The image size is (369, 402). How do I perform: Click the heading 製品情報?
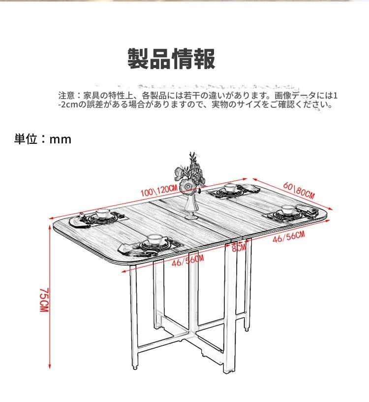click(171, 59)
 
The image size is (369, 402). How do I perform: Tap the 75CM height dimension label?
click(44, 300)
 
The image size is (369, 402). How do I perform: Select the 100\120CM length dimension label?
click(159, 191)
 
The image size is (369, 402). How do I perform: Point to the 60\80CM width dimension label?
click(299, 191)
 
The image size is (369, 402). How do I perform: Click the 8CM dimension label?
click(239, 248)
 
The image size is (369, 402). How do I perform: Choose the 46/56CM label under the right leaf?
click(289, 237)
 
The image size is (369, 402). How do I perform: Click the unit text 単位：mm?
click(43, 139)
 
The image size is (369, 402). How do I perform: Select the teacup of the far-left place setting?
click(103, 213)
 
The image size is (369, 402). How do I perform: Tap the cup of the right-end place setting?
click(288, 209)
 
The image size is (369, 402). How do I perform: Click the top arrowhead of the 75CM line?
click(50, 226)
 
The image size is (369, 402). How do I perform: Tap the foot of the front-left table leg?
click(134, 367)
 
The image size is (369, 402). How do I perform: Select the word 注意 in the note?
click(66, 96)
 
